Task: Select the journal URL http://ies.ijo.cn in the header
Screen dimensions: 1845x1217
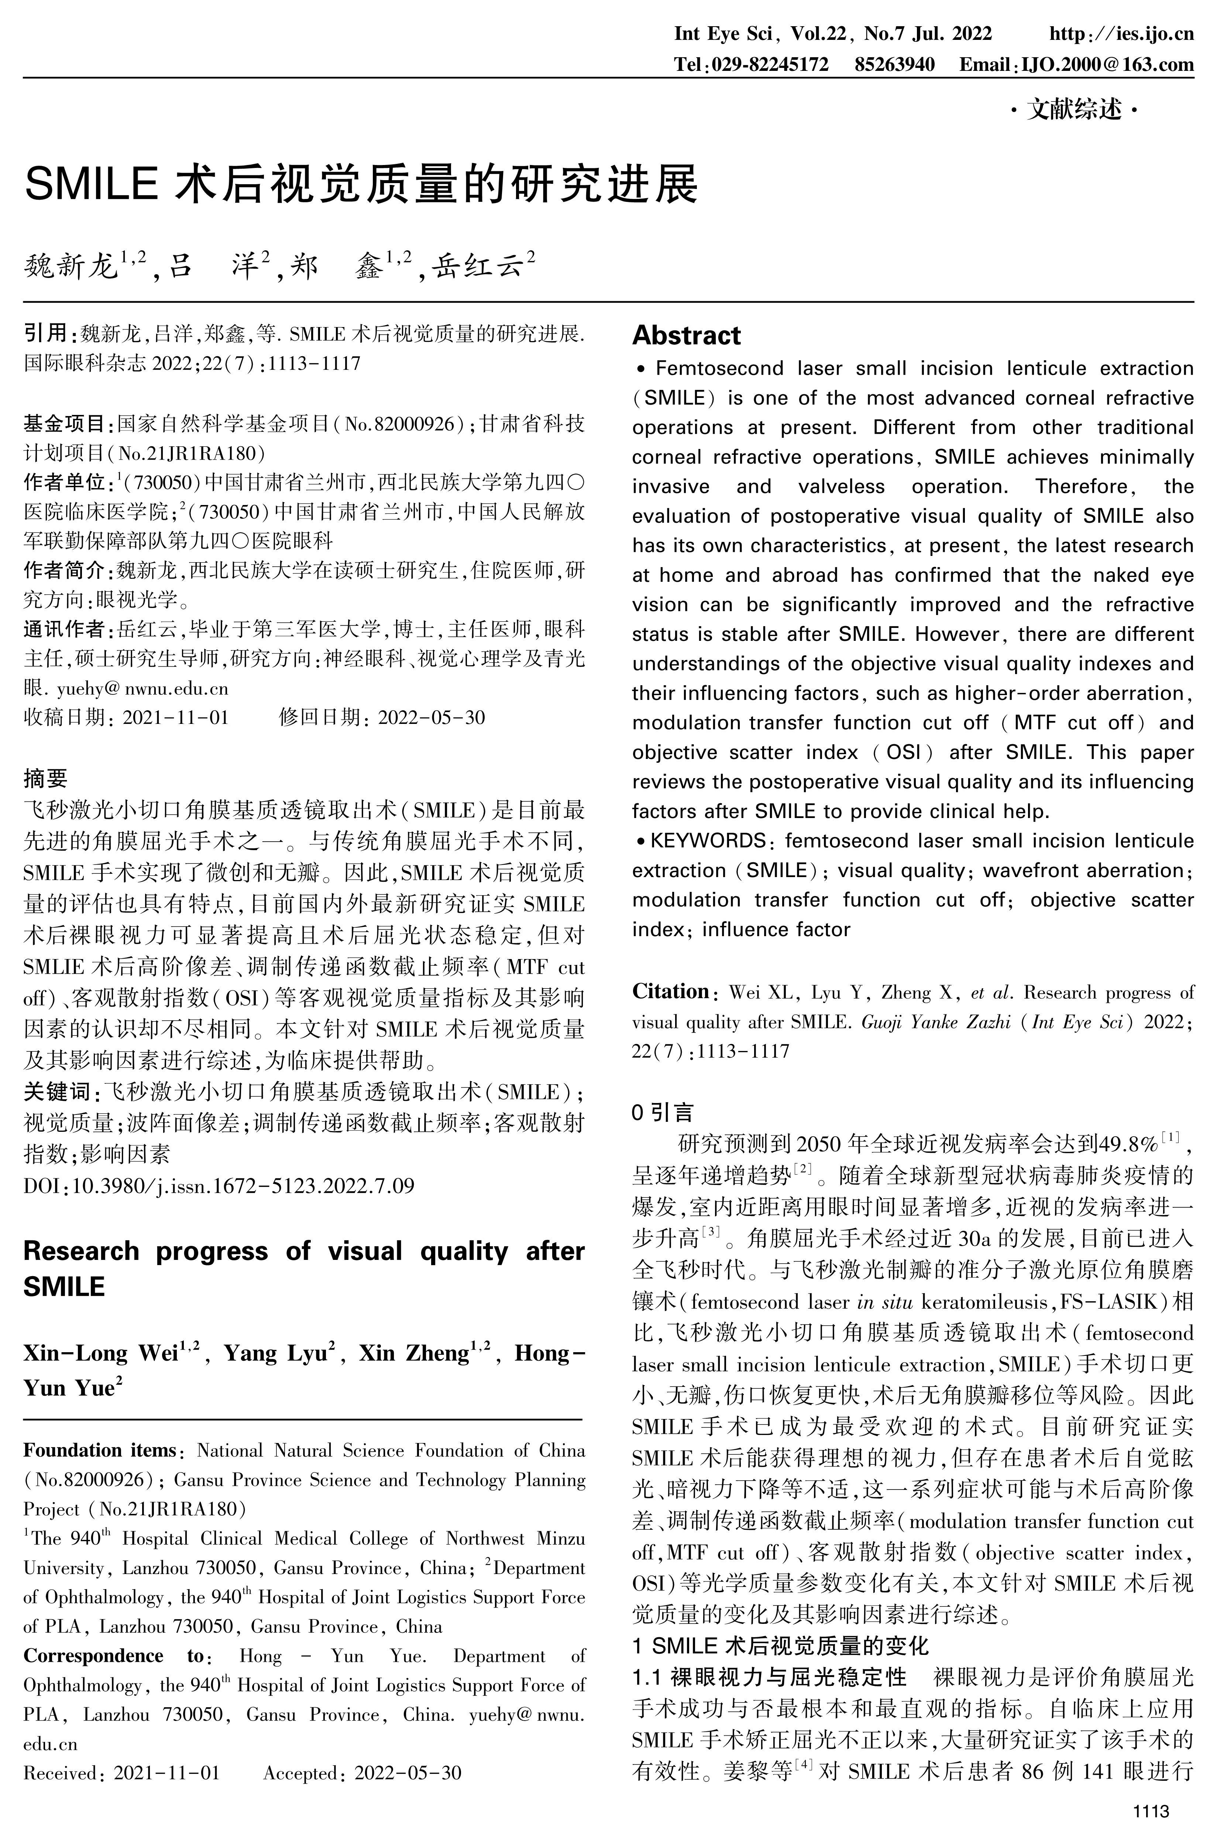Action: tap(1121, 33)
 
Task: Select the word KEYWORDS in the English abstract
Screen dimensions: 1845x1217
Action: tap(708, 841)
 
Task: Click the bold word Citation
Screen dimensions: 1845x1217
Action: tap(671, 992)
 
